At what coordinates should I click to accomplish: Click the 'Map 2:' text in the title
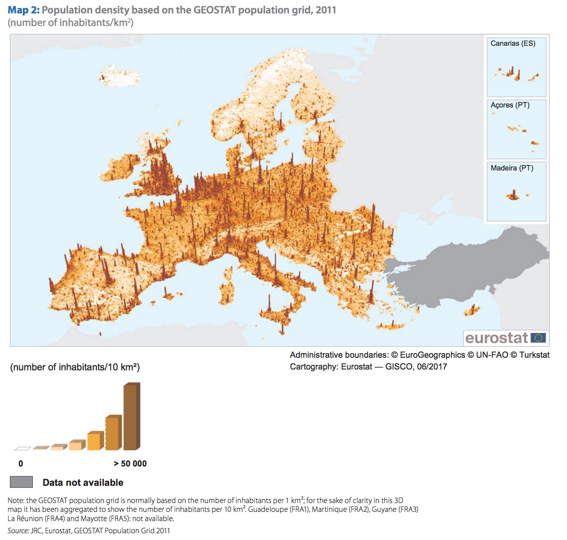tap(24, 10)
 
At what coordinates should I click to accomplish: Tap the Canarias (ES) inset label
tap(513, 43)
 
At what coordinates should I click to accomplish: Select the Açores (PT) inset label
tap(510, 105)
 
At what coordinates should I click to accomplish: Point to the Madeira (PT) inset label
tap(512, 168)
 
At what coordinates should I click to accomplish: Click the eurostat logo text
tap(496, 338)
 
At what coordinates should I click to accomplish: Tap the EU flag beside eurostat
tap(538, 338)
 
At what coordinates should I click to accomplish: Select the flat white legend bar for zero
tap(23, 448)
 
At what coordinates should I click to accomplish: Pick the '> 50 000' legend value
tap(130, 464)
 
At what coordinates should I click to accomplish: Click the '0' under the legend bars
tap(21, 464)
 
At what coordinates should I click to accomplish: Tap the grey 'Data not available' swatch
tap(21, 482)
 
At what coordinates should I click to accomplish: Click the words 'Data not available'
tap(83, 482)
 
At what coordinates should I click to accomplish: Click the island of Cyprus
tap(472, 311)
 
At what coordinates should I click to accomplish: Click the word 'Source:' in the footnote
tap(18, 531)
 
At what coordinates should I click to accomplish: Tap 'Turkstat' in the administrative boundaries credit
tap(534, 355)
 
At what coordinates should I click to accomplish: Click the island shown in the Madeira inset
tap(513, 196)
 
